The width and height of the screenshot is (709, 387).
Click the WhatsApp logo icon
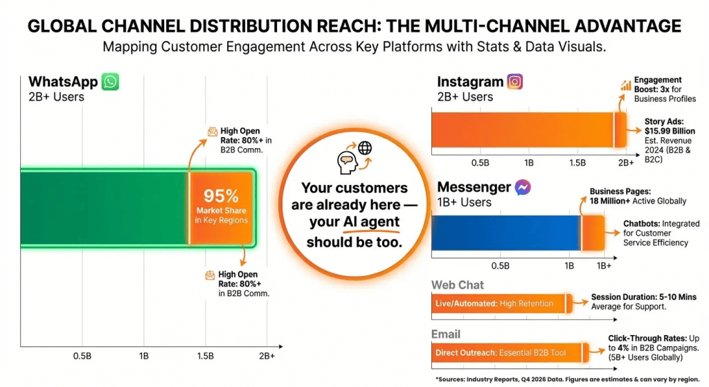click(110, 82)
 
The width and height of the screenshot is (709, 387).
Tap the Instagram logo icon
click(514, 82)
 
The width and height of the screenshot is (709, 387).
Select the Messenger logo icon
click(523, 187)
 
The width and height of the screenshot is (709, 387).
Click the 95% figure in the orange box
click(222, 196)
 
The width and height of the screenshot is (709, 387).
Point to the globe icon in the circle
click(364, 147)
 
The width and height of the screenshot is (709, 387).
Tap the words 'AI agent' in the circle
click(371, 222)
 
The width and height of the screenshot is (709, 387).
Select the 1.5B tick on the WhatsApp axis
click(205, 356)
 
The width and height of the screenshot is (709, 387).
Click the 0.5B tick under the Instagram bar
click(481, 162)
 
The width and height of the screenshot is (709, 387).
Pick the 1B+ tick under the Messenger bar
click(604, 265)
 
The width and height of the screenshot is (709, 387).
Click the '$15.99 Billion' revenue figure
click(670, 132)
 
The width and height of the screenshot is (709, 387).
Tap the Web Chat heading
click(458, 285)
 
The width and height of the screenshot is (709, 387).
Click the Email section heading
click(446, 334)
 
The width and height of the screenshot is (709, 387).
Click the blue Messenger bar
click(505, 232)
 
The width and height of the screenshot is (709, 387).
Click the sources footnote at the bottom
click(567, 379)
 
